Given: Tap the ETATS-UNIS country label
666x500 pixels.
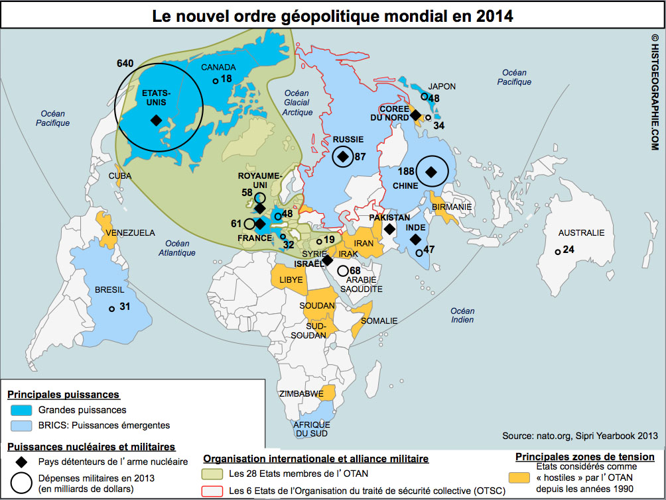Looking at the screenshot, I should pyautogui.click(x=157, y=98).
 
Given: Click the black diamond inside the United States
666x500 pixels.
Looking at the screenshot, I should pyautogui.click(x=155, y=120).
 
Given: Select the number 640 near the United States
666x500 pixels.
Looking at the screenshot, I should pyautogui.click(x=125, y=64).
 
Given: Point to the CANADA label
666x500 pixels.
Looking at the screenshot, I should pyautogui.click(x=218, y=67).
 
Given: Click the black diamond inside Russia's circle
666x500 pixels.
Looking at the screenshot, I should pyautogui.click(x=343, y=156).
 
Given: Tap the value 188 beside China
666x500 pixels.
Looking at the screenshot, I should pyautogui.click(x=407, y=171).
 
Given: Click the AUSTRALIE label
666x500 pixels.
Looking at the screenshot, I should pyautogui.click(x=581, y=233).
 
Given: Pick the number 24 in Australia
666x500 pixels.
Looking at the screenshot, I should pyautogui.click(x=568, y=250).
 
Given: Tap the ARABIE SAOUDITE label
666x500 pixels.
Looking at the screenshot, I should pyautogui.click(x=362, y=284).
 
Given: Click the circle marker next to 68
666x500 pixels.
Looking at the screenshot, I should pyautogui.click(x=342, y=270).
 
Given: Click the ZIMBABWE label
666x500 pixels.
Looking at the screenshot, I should pyautogui.click(x=301, y=393).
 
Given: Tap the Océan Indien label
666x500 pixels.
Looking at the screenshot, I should pyautogui.click(x=462, y=315).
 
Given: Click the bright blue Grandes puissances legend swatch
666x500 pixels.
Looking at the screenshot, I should pyautogui.click(x=22, y=411).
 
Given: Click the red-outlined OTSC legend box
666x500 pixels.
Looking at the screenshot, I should pyautogui.click(x=214, y=491).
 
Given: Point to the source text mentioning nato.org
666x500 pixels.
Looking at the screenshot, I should pyautogui.click(x=580, y=436).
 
